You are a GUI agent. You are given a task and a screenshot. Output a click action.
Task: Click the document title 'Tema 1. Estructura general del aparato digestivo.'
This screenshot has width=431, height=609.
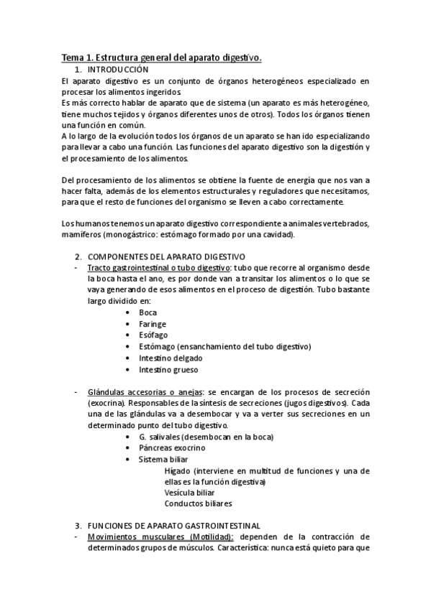point(161,57)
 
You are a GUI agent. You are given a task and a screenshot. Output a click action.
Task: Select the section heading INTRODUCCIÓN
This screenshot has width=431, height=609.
point(118,70)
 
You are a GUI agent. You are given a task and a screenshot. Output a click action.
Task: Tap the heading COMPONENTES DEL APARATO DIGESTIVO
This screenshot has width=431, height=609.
point(166,256)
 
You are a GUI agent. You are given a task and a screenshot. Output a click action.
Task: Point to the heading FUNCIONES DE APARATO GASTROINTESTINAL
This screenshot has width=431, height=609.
point(173,525)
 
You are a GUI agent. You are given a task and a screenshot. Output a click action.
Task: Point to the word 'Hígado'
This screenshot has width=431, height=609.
point(177,470)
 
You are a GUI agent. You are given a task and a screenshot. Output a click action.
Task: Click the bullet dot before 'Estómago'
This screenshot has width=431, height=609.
point(127,346)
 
